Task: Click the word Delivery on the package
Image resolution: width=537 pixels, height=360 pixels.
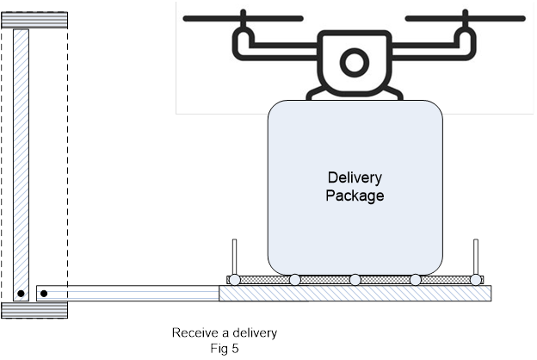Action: (x=355, y=178)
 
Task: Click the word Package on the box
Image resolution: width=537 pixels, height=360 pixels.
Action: (x=355, y=196)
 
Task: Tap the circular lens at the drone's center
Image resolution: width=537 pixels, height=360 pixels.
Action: (x=354, y=62)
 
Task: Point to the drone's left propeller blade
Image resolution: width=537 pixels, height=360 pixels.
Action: (x=244, y=17)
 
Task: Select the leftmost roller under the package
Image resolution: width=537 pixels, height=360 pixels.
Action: (x=234, y=280)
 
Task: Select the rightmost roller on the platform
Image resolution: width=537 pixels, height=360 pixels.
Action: (x=475, y=280)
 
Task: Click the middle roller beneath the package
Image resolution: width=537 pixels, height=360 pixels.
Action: (x=355, y=280)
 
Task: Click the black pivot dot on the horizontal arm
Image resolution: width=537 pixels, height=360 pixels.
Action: (x=44, y=294)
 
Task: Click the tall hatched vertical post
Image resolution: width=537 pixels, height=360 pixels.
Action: (x=21, y=155)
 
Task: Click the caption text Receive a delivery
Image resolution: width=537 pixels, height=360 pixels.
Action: (x=225, y=332)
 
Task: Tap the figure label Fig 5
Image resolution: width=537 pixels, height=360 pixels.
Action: (x=224, y=346)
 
